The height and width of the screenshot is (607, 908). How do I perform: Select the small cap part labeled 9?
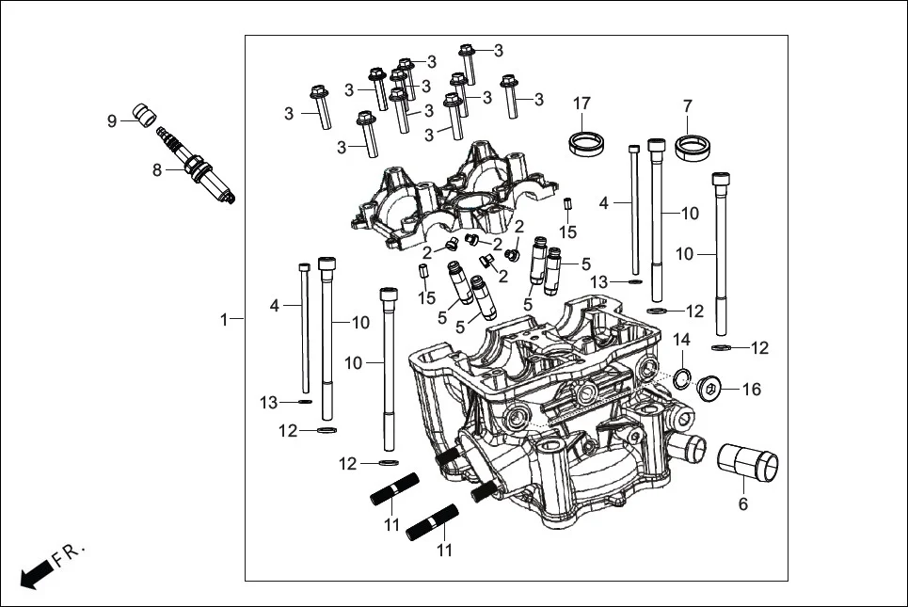143,114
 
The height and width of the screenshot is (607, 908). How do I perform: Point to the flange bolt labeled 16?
713,387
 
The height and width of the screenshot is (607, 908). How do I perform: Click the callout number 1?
224,320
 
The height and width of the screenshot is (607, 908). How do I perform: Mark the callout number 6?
742,504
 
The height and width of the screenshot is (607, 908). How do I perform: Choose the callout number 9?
112,120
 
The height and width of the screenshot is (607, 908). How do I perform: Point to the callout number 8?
158,170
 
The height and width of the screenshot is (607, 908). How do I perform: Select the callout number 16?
752,390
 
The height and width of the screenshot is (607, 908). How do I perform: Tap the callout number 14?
682,339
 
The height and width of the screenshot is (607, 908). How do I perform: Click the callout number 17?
581,102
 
